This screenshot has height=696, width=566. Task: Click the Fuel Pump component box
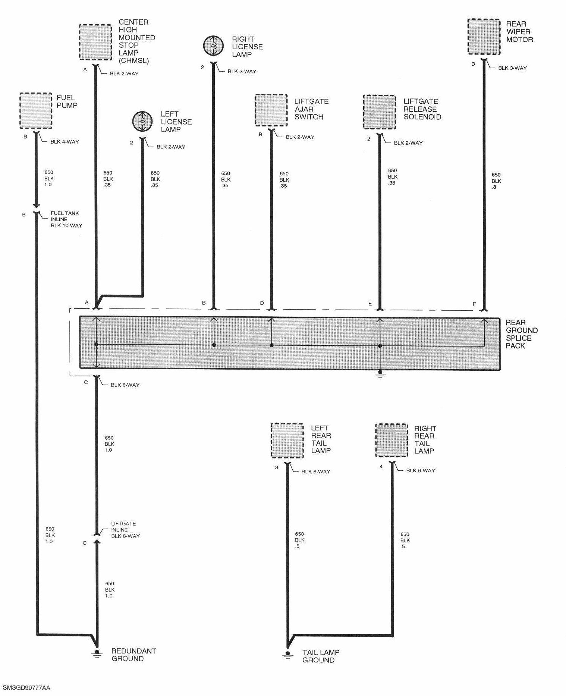click(35, 111)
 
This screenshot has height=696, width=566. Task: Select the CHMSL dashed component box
click(95, 42)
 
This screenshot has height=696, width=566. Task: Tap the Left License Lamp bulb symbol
click(142, 121)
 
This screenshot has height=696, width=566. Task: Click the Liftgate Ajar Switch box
click(271, 110)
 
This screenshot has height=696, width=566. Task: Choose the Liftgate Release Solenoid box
click(380, 112)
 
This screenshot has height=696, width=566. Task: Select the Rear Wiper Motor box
click(484, 37)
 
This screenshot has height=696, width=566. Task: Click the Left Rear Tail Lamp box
click(287, 441)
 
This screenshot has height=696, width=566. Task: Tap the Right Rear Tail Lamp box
click(392, 441)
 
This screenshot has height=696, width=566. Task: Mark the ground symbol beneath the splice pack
click(380, 374)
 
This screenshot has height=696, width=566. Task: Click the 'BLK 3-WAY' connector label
click(512, 68)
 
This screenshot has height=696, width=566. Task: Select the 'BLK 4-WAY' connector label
click(65, 142)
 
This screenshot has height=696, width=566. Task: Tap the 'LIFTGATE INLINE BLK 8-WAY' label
click(125, 530)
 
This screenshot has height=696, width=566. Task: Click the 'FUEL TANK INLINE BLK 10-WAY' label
click(66, 219)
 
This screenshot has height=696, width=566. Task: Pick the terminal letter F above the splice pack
click(474, 304)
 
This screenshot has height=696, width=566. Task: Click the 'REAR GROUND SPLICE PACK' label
click(521, 334)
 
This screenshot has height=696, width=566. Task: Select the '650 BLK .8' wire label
click(496, 181)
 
